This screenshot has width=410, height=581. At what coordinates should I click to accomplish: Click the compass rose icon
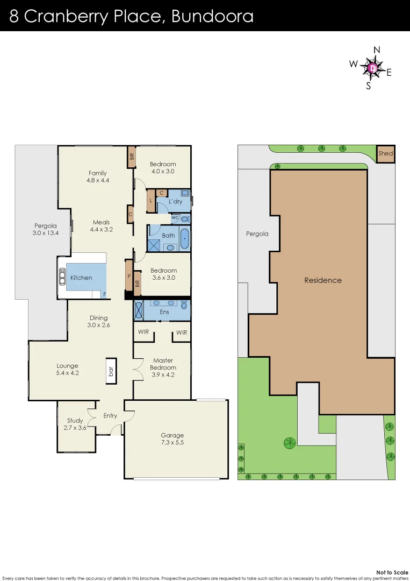(x=372, y=68)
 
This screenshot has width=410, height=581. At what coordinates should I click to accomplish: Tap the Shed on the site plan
(x=385, y=153)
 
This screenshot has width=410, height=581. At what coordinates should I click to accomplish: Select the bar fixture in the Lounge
(x=111, y=371)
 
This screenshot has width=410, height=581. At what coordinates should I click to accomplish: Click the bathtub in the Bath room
(x=184, y=238)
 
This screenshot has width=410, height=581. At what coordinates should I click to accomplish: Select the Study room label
(x=75, y=421)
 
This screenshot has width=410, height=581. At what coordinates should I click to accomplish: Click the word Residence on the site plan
(x=322, y=280)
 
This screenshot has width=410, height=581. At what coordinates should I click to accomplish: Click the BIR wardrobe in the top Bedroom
(x=131, y=157)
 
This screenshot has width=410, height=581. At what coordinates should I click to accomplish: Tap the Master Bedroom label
(x=163, y=364)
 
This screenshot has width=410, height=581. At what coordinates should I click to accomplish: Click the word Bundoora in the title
(x=212, y=16)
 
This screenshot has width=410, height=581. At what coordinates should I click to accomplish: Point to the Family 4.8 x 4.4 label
(x=98, y=176)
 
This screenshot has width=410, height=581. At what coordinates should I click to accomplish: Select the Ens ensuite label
(x=164, y=312)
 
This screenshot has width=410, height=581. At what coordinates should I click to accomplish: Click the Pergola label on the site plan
(x=257, y=234)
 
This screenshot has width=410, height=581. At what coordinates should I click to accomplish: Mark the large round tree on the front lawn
(x=289, y=443)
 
